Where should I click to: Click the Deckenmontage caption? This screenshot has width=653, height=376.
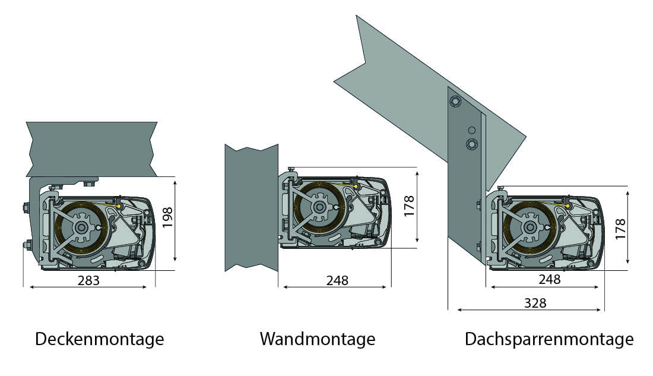point(100,339)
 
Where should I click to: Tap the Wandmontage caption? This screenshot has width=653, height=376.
point(318,339)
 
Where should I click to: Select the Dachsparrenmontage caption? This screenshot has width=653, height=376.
point(549,339)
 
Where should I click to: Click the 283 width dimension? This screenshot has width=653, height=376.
point(88,280)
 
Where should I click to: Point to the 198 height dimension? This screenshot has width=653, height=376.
point(167,217)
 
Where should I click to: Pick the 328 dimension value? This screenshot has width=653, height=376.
point(535,303)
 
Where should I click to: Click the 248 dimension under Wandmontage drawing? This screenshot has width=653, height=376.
point(337,280)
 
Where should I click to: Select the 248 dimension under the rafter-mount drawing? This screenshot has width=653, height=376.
point(550,279)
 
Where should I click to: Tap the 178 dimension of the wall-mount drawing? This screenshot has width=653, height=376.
point(410,206)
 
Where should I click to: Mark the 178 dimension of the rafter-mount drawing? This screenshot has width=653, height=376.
point(620,229)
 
